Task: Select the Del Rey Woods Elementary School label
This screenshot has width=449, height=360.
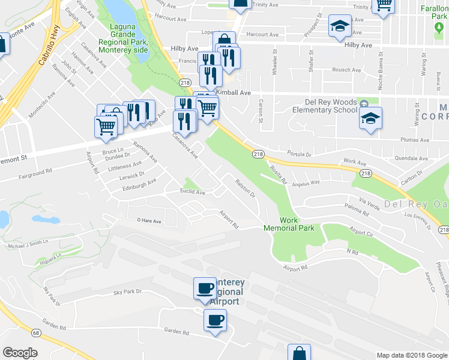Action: (x=324, y=106)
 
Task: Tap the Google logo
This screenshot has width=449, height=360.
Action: (x=20, y=352)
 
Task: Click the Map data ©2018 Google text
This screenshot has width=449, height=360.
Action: (x=411, y=355)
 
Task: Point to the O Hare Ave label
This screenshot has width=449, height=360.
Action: (x=149, y=221)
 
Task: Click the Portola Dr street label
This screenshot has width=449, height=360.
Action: (x=301, y=154)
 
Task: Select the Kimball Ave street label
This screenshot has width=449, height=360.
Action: (x=237, y=93)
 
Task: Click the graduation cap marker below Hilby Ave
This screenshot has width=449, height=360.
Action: (x=339, y=27)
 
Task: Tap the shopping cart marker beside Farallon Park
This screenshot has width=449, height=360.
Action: (x=382, y=6)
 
